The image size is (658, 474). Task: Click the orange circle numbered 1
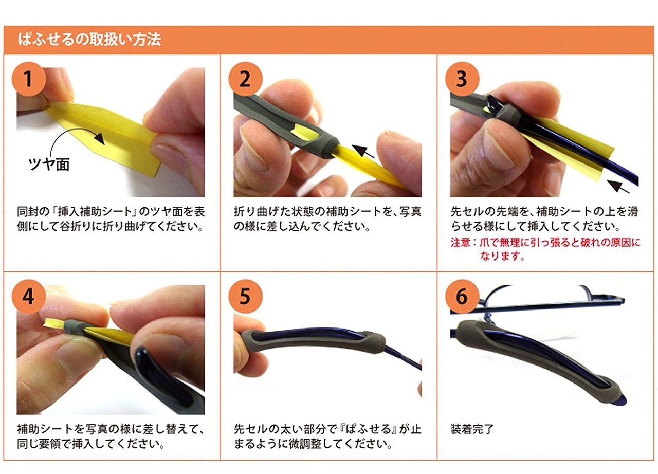28,79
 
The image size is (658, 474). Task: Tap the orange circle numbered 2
245,79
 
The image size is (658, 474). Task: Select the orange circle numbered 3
462,79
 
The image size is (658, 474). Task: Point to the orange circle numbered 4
28,296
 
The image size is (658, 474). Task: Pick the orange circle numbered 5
245,296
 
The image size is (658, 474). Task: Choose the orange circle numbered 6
462,296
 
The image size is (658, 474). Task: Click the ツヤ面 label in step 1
49,164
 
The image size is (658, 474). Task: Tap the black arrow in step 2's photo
363,151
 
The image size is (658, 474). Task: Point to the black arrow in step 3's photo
618,187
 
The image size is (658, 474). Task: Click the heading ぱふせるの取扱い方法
89,40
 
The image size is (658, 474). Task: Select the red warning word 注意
461,243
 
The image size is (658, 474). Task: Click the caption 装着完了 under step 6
472,429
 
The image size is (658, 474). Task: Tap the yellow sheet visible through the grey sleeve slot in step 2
305,132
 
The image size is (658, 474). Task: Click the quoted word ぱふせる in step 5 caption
369,429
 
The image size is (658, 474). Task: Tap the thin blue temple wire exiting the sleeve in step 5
403,358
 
